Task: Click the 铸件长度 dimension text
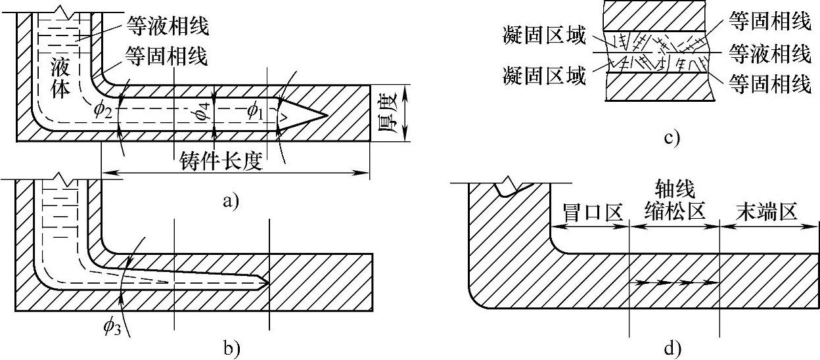(220, 161)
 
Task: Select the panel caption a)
(231, 201)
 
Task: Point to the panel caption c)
(670, 137)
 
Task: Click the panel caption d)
(673, 348)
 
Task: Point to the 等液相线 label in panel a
(166, 26)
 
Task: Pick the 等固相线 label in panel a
(166, 58)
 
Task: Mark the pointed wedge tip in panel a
(326, 116)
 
